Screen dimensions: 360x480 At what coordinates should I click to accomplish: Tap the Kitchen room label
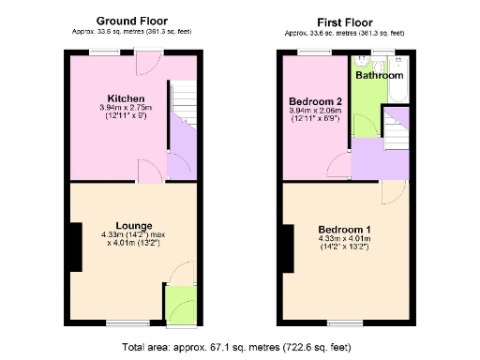[x=125, y=98]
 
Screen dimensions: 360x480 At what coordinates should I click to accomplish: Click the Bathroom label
[x=380, y=75]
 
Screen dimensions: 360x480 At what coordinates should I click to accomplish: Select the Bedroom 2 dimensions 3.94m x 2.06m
[x=315, y=114]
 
